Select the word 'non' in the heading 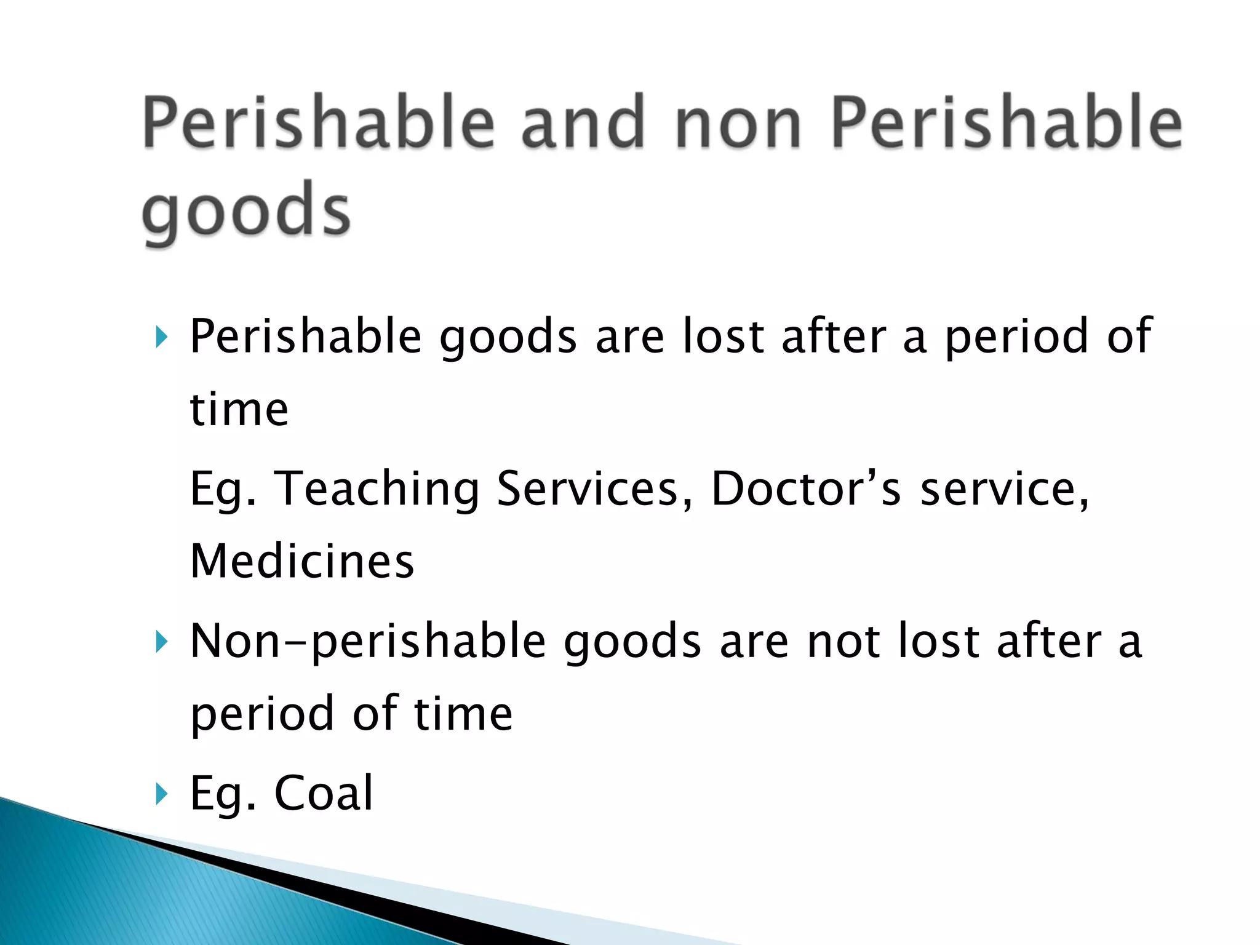pyautogui.click(x=738, y=123)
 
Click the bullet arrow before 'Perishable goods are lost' pyautogui.click(x=161, y=337)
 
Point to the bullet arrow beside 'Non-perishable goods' pyautogui.click(x=161, y=642)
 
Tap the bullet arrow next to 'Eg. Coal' pyautogui.click(x=161, y=794)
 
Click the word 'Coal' pyautogui.click(x=324, y=793)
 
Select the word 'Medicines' pyautogui.click(x=302, y=562)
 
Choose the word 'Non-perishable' pyautogui.click(x=368, y=642)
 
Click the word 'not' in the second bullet pyautogui.click(x=843, y=641)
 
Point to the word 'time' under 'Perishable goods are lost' pyautogui.click(x=239, y=410)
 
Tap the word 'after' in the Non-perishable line pyautogui.click(x=1048, y=641)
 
